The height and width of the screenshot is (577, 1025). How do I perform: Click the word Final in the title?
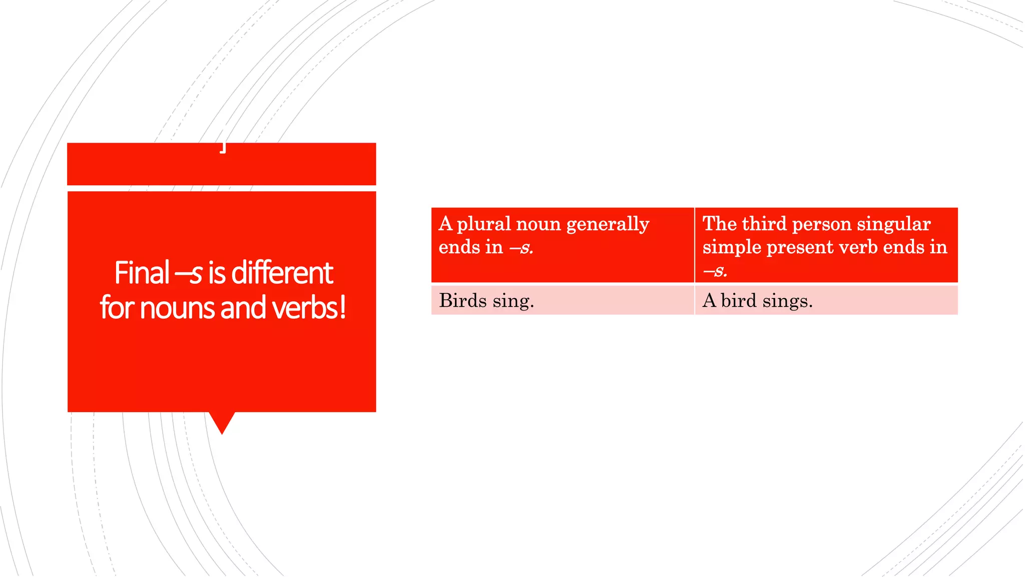click(142, 273)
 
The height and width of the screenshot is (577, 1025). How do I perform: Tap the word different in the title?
click(282, 273)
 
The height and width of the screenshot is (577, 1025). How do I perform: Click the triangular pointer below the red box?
click(222, 422)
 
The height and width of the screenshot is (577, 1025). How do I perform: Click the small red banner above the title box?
click(222, 164)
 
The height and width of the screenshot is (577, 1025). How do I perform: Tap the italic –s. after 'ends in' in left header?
click(521, 247)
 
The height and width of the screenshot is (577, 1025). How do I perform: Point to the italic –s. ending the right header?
click(715, 271)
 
